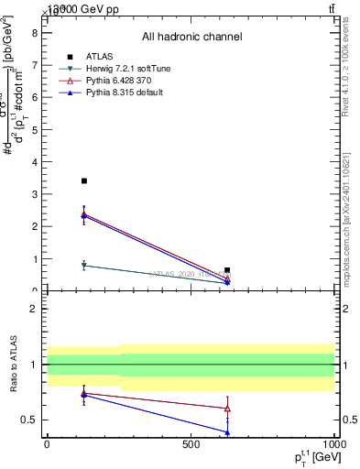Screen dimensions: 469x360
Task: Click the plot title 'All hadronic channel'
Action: coord(191,37)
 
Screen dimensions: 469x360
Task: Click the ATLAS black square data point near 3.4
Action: coord(84,181)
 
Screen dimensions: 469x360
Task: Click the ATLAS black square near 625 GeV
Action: coord(227,270)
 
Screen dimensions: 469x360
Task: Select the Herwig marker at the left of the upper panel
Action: coord(84,266)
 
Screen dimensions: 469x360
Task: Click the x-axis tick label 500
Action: coord(191,444)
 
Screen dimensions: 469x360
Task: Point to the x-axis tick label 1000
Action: coord(333,444)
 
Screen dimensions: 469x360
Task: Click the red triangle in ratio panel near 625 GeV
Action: coord(227,409)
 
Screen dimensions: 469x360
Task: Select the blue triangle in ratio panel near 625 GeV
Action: coord(227,431)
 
